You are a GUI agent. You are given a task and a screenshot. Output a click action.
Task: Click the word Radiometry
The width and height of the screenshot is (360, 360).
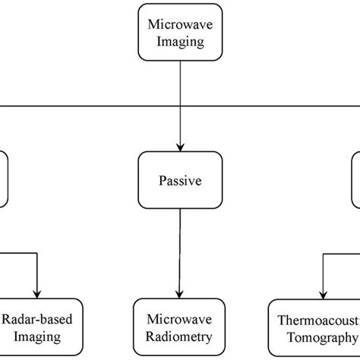[179, 335]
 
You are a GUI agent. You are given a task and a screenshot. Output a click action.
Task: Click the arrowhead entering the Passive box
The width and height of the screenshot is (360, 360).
[179, 146]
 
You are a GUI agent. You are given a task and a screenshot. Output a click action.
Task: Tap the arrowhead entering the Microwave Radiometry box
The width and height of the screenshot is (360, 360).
[179, 294]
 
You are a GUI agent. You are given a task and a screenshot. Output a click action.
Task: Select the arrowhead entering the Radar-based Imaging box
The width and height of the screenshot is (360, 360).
[37, 294]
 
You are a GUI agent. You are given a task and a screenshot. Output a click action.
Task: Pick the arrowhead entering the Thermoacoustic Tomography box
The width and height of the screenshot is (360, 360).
[323, 294]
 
